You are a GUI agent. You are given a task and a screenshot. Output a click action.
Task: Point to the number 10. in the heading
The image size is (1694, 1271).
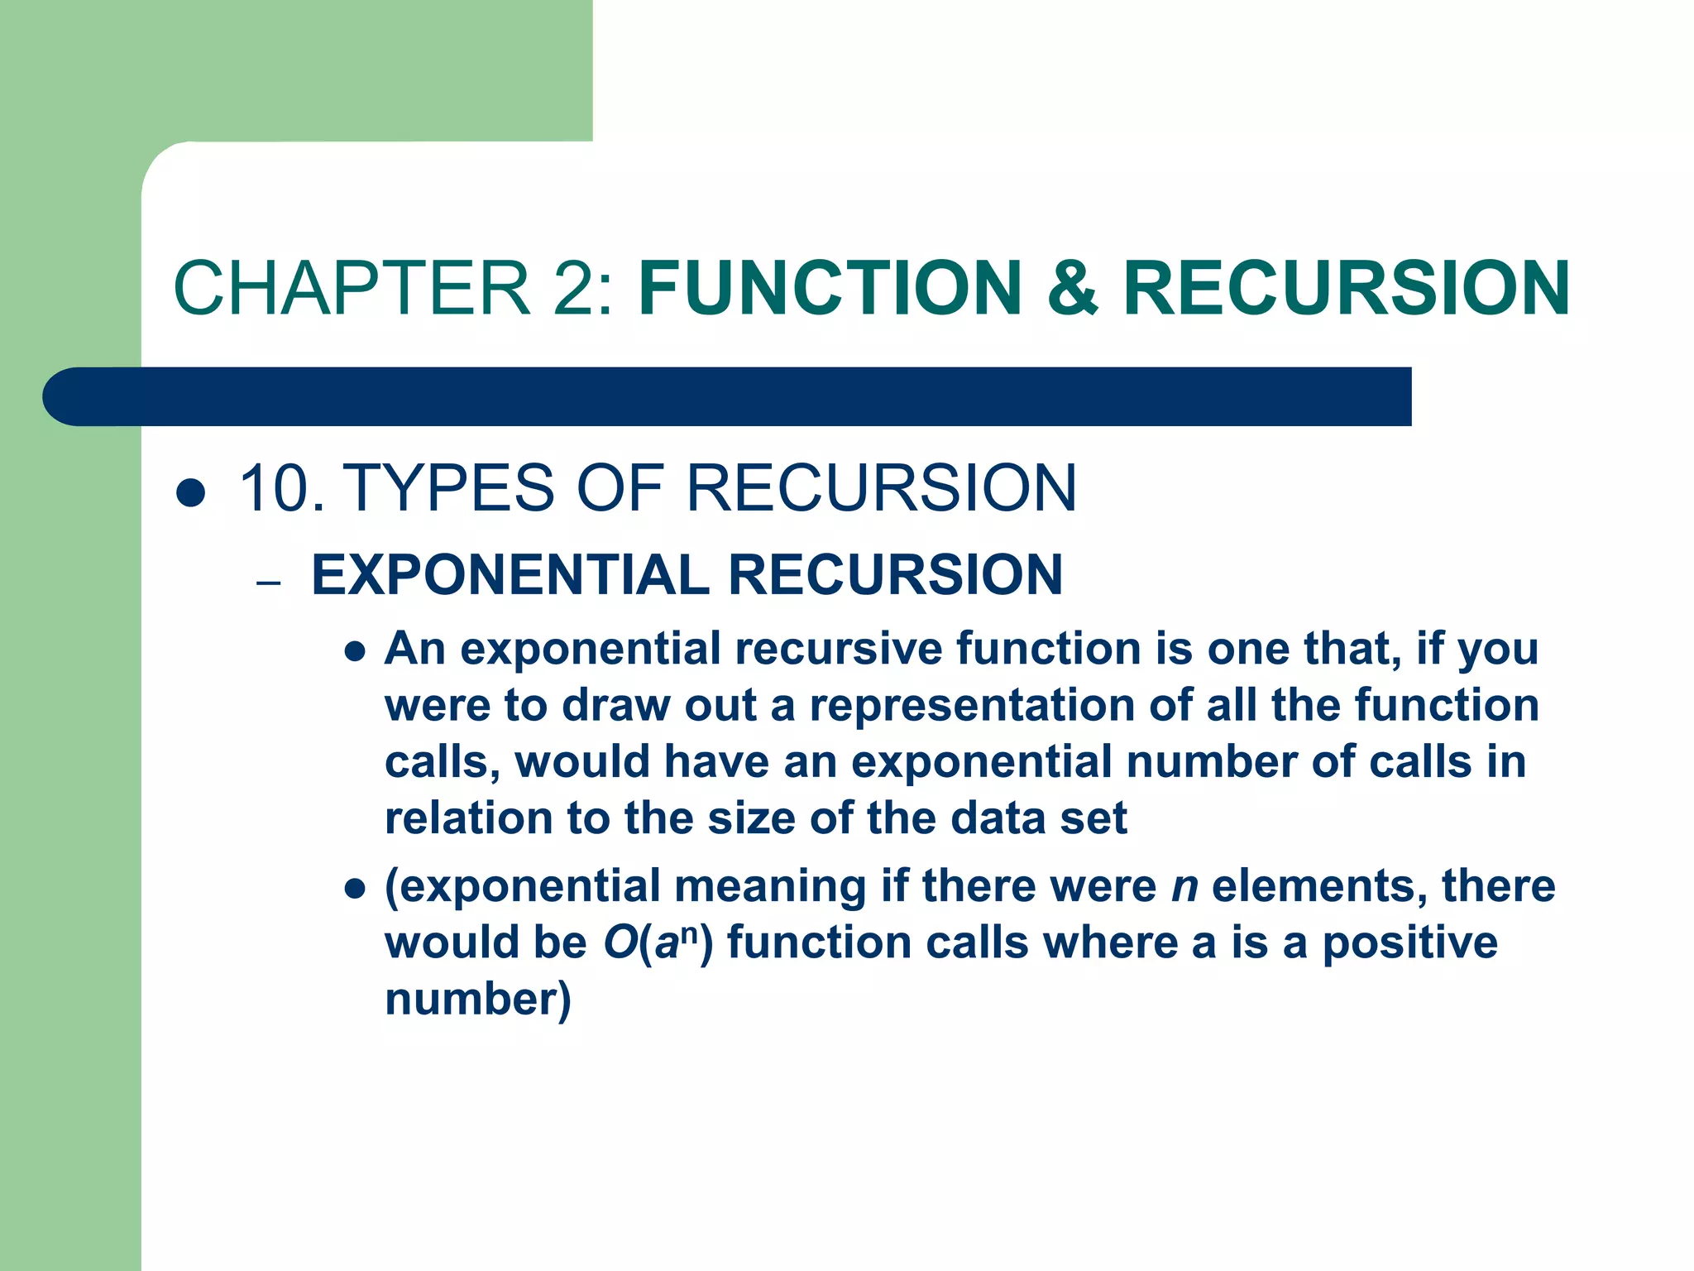(x=281, y=488)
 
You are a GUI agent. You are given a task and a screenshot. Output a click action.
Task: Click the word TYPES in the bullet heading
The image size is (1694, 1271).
(x=447, y=488)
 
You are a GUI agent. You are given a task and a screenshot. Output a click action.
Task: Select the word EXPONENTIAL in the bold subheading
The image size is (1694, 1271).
(x=510, y=575)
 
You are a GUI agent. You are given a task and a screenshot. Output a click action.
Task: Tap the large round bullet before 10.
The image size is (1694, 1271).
(x=191, y=493)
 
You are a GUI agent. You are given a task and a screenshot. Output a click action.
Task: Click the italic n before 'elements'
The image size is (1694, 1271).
(x=1184, y=887)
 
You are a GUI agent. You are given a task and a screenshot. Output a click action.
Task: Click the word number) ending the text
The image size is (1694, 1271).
(x=478, y=1000)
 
